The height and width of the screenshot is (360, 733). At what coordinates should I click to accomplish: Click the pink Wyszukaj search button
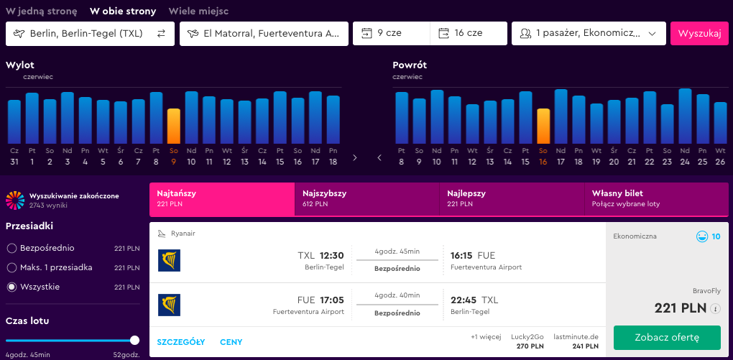[699, 34]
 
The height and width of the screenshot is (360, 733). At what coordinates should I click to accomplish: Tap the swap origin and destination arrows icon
[161, 34]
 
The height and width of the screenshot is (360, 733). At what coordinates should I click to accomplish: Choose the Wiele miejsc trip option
[198, 11]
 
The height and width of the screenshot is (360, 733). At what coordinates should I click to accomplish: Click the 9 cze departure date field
[391, 34]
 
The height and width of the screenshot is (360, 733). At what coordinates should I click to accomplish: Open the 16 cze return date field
[469, 34]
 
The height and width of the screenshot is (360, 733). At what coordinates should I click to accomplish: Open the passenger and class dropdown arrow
[652, 34]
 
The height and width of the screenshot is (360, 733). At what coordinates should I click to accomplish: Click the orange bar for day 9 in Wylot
[173, 126]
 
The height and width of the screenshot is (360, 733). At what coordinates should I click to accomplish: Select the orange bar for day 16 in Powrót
[543, 126]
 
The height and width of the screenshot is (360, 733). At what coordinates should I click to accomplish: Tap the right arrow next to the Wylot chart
[355, 157]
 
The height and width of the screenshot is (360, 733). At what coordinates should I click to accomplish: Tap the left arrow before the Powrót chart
[379, 157]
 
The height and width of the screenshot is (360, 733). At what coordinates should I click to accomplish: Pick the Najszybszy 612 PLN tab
[367, 199]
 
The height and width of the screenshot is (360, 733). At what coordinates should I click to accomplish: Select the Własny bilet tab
[656, 199]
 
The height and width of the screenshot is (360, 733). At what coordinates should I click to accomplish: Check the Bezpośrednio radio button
[11, 248]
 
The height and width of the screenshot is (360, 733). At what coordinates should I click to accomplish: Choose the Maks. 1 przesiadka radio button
[11, 268]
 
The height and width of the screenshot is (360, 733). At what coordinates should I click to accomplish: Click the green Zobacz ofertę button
[667, 338]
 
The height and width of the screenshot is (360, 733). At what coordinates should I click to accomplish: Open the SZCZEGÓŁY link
[181, 342]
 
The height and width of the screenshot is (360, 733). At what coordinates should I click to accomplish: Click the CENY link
[231, 342]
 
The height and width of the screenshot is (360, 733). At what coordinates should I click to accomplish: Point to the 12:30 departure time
[332, 255]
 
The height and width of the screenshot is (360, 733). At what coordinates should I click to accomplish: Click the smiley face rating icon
[701, 236]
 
